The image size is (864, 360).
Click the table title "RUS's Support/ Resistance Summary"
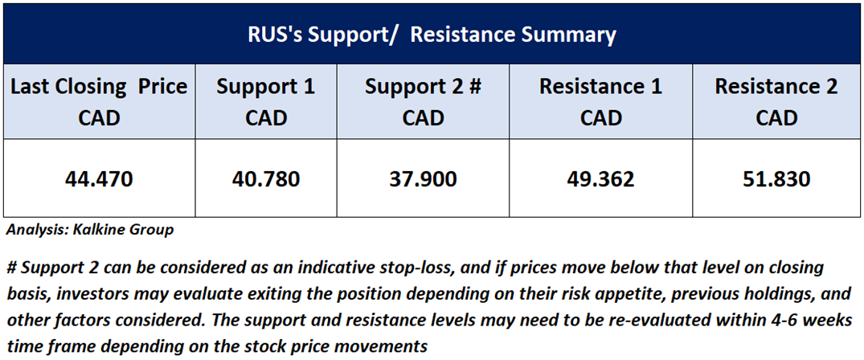pos(432,35)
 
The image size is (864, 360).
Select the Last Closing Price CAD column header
pos(100,102)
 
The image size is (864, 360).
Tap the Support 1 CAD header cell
pos(266,102)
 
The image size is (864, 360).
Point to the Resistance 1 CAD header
pos(600,102)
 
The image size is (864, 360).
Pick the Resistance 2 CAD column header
pos(777,102)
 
